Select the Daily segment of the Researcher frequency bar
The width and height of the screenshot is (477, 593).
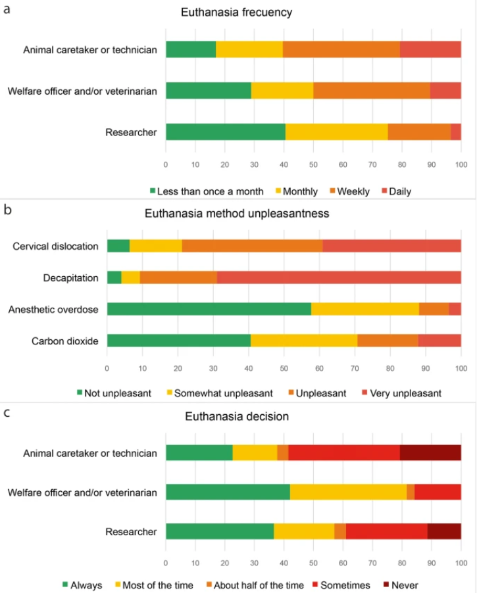456,132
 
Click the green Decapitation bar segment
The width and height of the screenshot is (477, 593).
114,277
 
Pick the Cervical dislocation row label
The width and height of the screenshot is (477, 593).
55,247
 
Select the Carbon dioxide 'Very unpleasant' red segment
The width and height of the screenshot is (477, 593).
439,341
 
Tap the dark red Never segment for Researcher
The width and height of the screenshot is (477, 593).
444,531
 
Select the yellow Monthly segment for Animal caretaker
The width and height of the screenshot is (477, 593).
249,49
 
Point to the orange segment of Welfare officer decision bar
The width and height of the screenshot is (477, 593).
411,492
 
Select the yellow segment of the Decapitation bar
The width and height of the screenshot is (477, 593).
131,277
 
